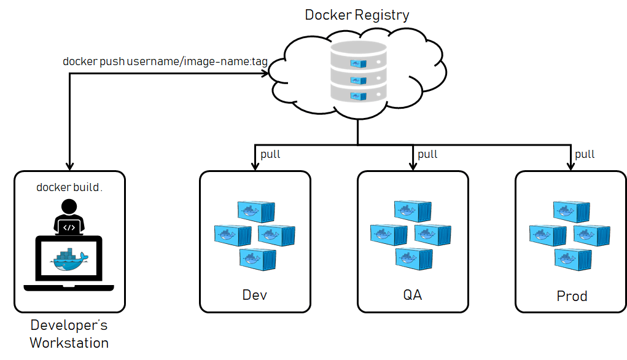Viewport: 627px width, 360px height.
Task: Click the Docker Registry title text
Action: [357, 14]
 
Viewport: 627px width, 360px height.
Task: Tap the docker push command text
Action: [165, 62]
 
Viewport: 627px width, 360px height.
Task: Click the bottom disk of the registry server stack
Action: [358, 93]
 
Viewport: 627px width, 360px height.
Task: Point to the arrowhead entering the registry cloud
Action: [265, 74]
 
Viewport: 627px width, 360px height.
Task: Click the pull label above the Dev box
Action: [270, 154]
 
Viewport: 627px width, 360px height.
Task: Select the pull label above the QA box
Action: [427, 154]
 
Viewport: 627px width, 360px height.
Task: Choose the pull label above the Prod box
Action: [585, 154]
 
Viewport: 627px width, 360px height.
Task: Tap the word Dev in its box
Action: [255, 295]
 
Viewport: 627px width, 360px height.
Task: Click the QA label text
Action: [413, 295]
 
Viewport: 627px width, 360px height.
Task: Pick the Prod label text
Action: [572, 296]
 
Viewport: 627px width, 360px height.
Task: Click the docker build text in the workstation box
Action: [69, 187]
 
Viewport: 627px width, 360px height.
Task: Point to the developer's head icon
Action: [69, 207]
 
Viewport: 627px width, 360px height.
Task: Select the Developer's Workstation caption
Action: [69, 334]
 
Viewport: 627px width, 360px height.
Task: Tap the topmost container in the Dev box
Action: [256, 211]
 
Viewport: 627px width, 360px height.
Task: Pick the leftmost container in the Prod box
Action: [547, 235]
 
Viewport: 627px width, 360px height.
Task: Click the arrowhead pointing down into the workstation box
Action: [69, 165]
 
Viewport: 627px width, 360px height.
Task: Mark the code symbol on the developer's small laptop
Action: [69, 227]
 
